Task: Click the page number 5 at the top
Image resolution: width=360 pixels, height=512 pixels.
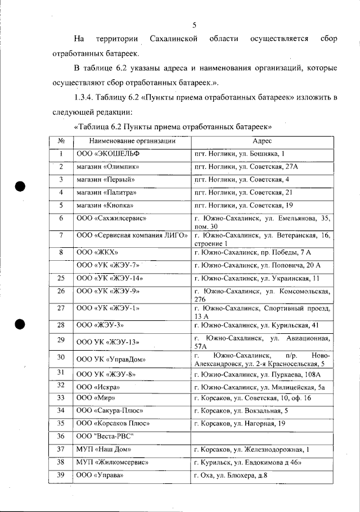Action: pos(193,25)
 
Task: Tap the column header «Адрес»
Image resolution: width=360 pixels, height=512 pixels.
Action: pos(262,141)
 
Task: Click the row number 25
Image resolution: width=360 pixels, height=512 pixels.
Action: pos(61,278)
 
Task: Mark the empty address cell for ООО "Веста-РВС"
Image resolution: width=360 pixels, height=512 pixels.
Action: pos(262,436)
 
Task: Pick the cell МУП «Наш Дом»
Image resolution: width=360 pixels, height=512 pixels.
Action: pos(104,450)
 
